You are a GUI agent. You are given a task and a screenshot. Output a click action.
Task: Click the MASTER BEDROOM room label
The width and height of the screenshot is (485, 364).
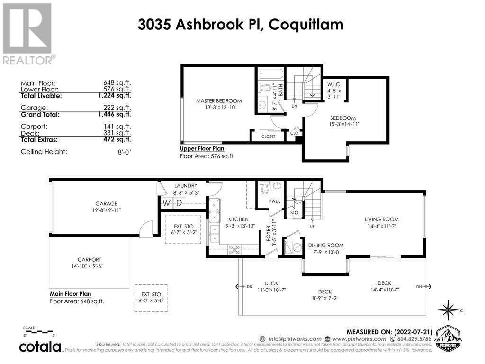pos(219,101)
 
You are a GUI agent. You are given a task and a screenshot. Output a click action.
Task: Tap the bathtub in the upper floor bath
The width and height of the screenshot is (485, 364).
pos(270,74)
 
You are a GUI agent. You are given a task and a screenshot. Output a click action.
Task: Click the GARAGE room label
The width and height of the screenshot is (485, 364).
pos(106,203)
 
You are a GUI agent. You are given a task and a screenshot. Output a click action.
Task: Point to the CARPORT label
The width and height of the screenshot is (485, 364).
pos(90,259)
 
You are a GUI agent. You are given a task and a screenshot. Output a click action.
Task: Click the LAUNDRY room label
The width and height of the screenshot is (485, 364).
pos(182,186)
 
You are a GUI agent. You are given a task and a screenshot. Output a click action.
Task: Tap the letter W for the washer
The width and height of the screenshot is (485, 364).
pos(166,203)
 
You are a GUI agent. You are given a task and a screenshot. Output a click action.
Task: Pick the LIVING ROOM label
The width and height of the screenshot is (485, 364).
pos(381,219)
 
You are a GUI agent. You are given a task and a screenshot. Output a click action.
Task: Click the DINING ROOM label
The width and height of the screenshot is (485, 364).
pos(325,245)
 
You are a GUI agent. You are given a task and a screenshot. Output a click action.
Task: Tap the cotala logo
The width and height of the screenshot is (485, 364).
pos(40,347)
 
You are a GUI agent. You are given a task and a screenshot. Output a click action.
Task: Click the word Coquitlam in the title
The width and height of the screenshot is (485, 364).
pos(306,24)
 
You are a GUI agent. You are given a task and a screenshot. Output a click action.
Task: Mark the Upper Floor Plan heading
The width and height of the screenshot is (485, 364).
pos(201,148)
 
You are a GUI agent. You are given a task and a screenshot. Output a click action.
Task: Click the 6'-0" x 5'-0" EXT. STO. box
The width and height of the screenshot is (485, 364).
pos(150,298)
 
